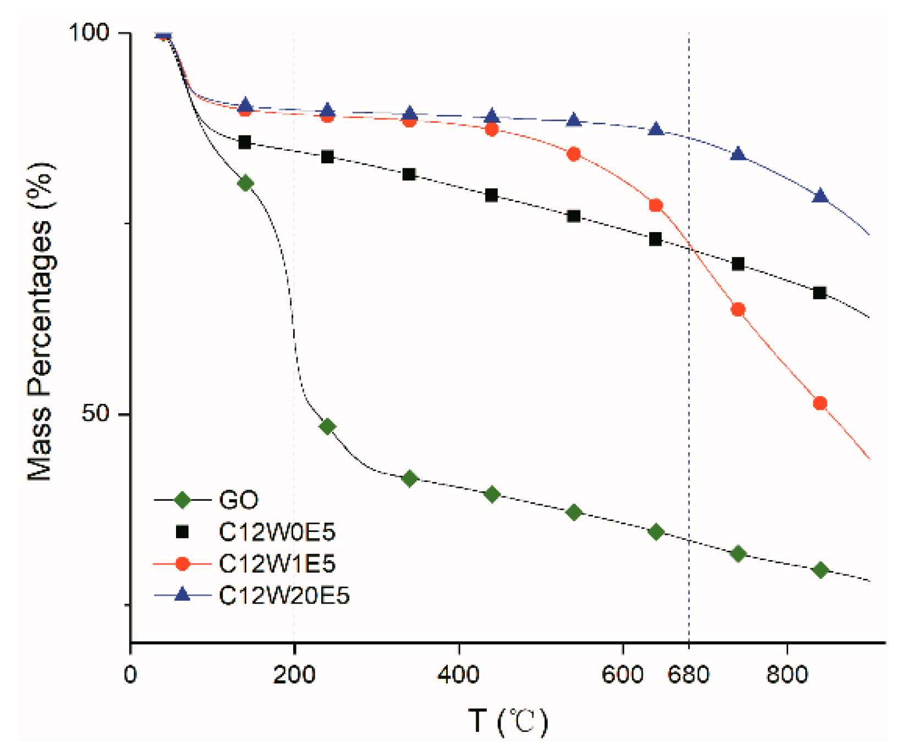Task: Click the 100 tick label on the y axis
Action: (x=89, y=32)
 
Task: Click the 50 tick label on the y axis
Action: (x=96, y=413)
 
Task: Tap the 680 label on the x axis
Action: (x=688, y=674)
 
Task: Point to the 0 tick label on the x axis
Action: (x=130, y=674)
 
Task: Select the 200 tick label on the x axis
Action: (x=294, y=674)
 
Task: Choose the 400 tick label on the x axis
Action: (x=458, y=674)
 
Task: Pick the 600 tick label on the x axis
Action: (x=622, y=674)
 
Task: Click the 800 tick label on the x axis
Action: (x=787, y=674)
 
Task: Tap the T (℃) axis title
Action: (x=508, y=721)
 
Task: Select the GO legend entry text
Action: (x=238, y=500)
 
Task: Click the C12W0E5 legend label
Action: (x=277, y=532)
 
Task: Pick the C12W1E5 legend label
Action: (x=277, y=563)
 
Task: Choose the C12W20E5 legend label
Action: (x=284, y=595)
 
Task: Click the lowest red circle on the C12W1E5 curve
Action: (x=820, y=403)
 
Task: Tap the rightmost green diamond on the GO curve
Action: (x=820, y=570)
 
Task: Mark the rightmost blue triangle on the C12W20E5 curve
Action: (x=820, y=196)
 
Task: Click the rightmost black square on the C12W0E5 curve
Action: (x=820, y=293)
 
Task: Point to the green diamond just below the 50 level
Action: (x=327, y=426)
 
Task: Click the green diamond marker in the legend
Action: (x=182, y=500)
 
